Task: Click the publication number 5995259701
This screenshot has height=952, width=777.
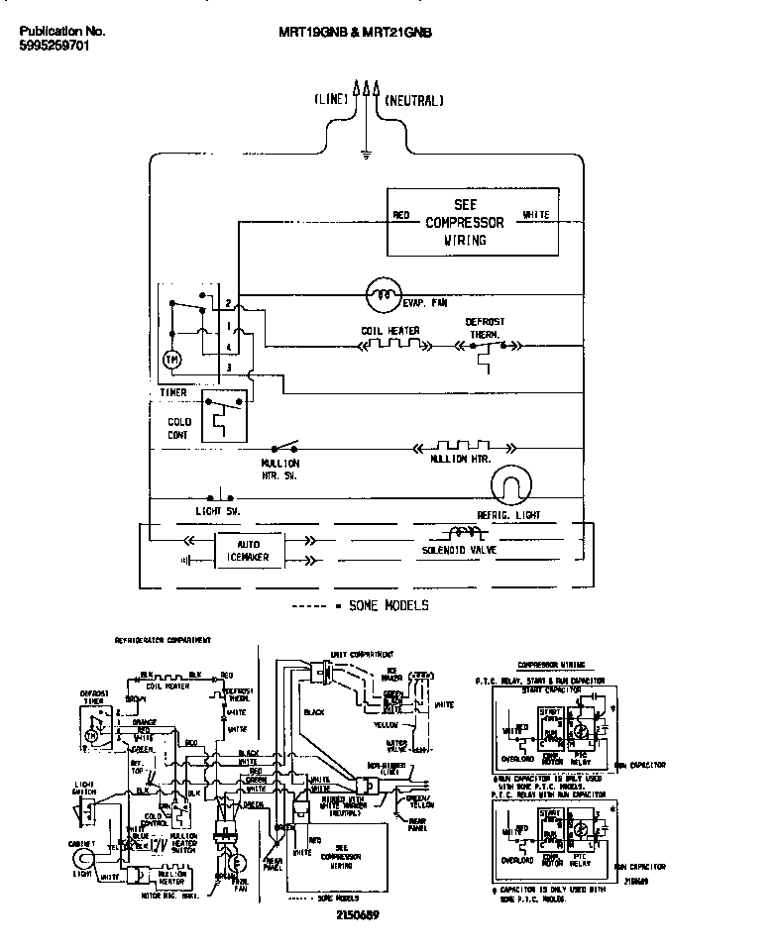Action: click(x=55, y=47)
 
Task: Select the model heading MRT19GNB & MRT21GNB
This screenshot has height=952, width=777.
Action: click(x=355, y=32)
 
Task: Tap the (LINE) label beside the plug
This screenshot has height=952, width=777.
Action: click(x=331, y=100)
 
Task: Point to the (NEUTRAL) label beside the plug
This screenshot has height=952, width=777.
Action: click(x=413, y=100)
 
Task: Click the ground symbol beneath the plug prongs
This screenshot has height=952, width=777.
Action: click(x=367, y=154)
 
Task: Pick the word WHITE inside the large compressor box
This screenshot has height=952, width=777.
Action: click(x=535, y=215)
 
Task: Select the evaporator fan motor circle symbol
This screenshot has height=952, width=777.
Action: click(x=381, y=292)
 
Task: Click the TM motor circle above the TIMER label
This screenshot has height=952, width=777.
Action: click(x=171, y=358)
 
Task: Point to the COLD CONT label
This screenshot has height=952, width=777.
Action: click(x=179, y=428)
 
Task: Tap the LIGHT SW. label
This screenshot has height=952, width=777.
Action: click(x=218, y=511)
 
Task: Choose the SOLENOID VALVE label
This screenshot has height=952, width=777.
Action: click(x=459, y=549)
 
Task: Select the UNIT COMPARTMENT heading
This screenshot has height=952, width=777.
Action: click(x=362, y=654)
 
